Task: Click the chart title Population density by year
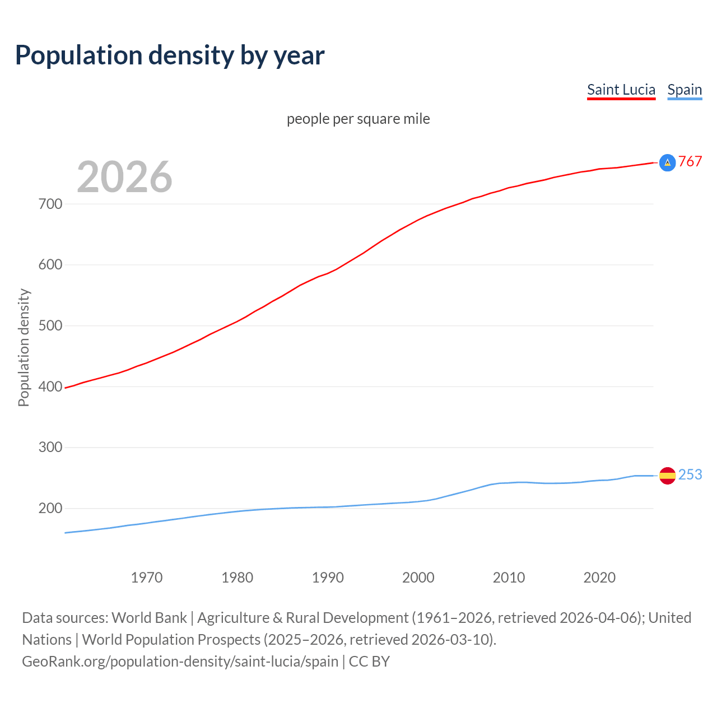[170, 55]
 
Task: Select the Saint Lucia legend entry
[621, 90]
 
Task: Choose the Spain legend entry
[685, 90]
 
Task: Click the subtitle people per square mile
[358, 119]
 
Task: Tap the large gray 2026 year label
[124, 177]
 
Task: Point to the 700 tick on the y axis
[50, 204]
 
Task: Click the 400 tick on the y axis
[50, 387]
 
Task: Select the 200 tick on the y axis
[50, 509]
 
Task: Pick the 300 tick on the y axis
[50, 448]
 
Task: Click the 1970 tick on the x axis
[147, 578]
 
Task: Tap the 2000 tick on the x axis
[418, 578]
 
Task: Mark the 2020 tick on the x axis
[599, 578]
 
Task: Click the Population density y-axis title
[24, 347]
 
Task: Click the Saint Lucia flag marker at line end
[667, 162]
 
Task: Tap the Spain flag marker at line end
[667, 476]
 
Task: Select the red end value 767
[690, 162]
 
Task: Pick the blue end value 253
[690, 475]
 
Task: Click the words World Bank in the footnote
[149, 618]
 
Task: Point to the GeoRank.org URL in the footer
[180, 662]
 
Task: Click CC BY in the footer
[369, 662]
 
